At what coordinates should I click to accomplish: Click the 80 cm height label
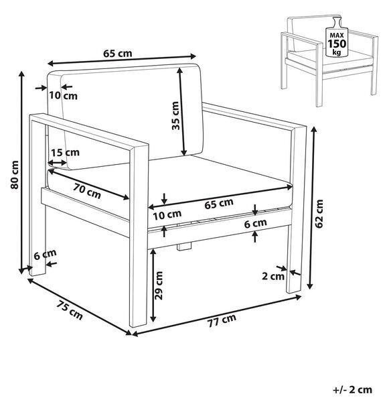pos(15,175)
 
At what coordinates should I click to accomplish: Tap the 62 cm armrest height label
pos(319,214)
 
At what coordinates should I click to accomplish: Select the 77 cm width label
pos(222,320)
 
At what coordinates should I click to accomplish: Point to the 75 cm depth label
pos(70,310)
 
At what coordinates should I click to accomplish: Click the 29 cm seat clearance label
pos(159,285)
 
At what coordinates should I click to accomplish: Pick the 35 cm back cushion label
pos(175,116)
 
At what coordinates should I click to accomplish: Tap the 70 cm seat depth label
pos(87,191)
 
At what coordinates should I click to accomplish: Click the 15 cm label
pos(65,153)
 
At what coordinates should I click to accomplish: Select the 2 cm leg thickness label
pos(273,276)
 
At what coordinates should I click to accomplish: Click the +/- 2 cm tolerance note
pos(352,390)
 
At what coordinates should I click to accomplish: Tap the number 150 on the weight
pos(337,44)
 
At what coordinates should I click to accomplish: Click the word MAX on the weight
pos(337,36)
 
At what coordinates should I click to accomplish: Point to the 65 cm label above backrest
pos(118,54)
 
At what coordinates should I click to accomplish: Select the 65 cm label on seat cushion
pos(219,204)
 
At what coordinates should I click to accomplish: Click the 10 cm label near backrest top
pos(64,96)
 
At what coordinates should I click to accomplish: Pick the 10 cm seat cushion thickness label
pos(167,214)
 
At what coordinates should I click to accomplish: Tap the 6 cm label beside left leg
pos(45,255)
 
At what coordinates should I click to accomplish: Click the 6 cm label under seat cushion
pos(255,223)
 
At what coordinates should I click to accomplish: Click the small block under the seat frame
pos(184,246)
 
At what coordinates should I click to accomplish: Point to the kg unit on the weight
pos(337,52)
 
